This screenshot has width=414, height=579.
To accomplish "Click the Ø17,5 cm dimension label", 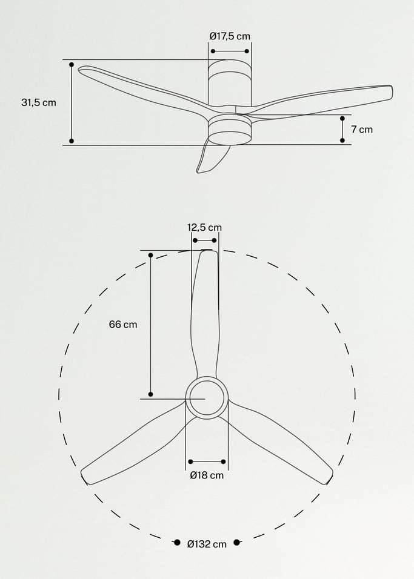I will tap(230, 36).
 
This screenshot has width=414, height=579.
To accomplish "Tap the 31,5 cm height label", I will tap(39, 102).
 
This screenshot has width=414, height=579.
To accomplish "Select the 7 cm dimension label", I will tap(361, 130).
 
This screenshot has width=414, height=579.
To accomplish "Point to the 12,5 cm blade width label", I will tap(204, 228).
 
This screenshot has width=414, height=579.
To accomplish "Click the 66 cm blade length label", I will tap(123, 324).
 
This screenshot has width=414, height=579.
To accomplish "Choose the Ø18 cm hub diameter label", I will tap(207, 475).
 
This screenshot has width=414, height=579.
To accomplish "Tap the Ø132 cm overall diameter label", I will tap(207, 544).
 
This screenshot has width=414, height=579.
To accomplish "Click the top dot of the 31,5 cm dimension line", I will tap(72, 64).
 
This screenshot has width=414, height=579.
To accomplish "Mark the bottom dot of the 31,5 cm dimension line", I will tap(72, 141).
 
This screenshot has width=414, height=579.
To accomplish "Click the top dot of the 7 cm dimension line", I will tap(342, 119).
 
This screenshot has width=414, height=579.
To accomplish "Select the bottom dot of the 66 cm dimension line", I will tap(151, 394).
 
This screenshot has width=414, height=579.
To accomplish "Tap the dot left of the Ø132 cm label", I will tap(177, 543).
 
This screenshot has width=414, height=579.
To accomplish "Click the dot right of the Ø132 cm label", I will tap(237, 543).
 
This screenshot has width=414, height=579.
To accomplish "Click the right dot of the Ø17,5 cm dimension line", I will tap(247, 51).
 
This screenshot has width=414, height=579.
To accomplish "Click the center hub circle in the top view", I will tap(206, 398).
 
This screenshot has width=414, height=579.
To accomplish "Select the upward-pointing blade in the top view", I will tap(205, 309).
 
